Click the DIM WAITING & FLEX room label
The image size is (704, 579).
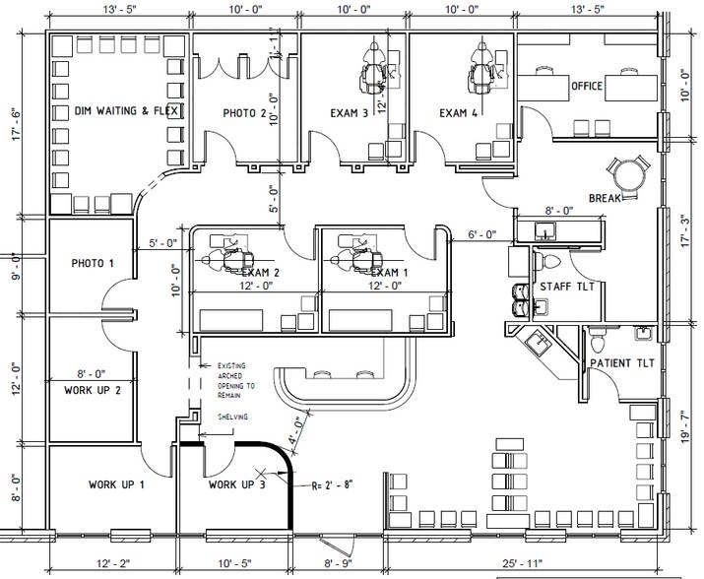pos(126,112)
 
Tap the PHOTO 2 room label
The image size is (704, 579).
pos(244,113)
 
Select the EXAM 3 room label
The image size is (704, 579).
pos(350,112)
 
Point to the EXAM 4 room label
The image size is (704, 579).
pos(459,112)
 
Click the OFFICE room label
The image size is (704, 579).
pos(587,87)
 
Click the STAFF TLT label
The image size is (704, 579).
pos(565,286)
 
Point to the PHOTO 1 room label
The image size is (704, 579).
pos(93,264)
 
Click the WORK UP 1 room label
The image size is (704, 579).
pos(117,484)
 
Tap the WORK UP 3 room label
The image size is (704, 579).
pos(237,484)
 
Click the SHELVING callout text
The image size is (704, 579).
pos(232,417)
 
